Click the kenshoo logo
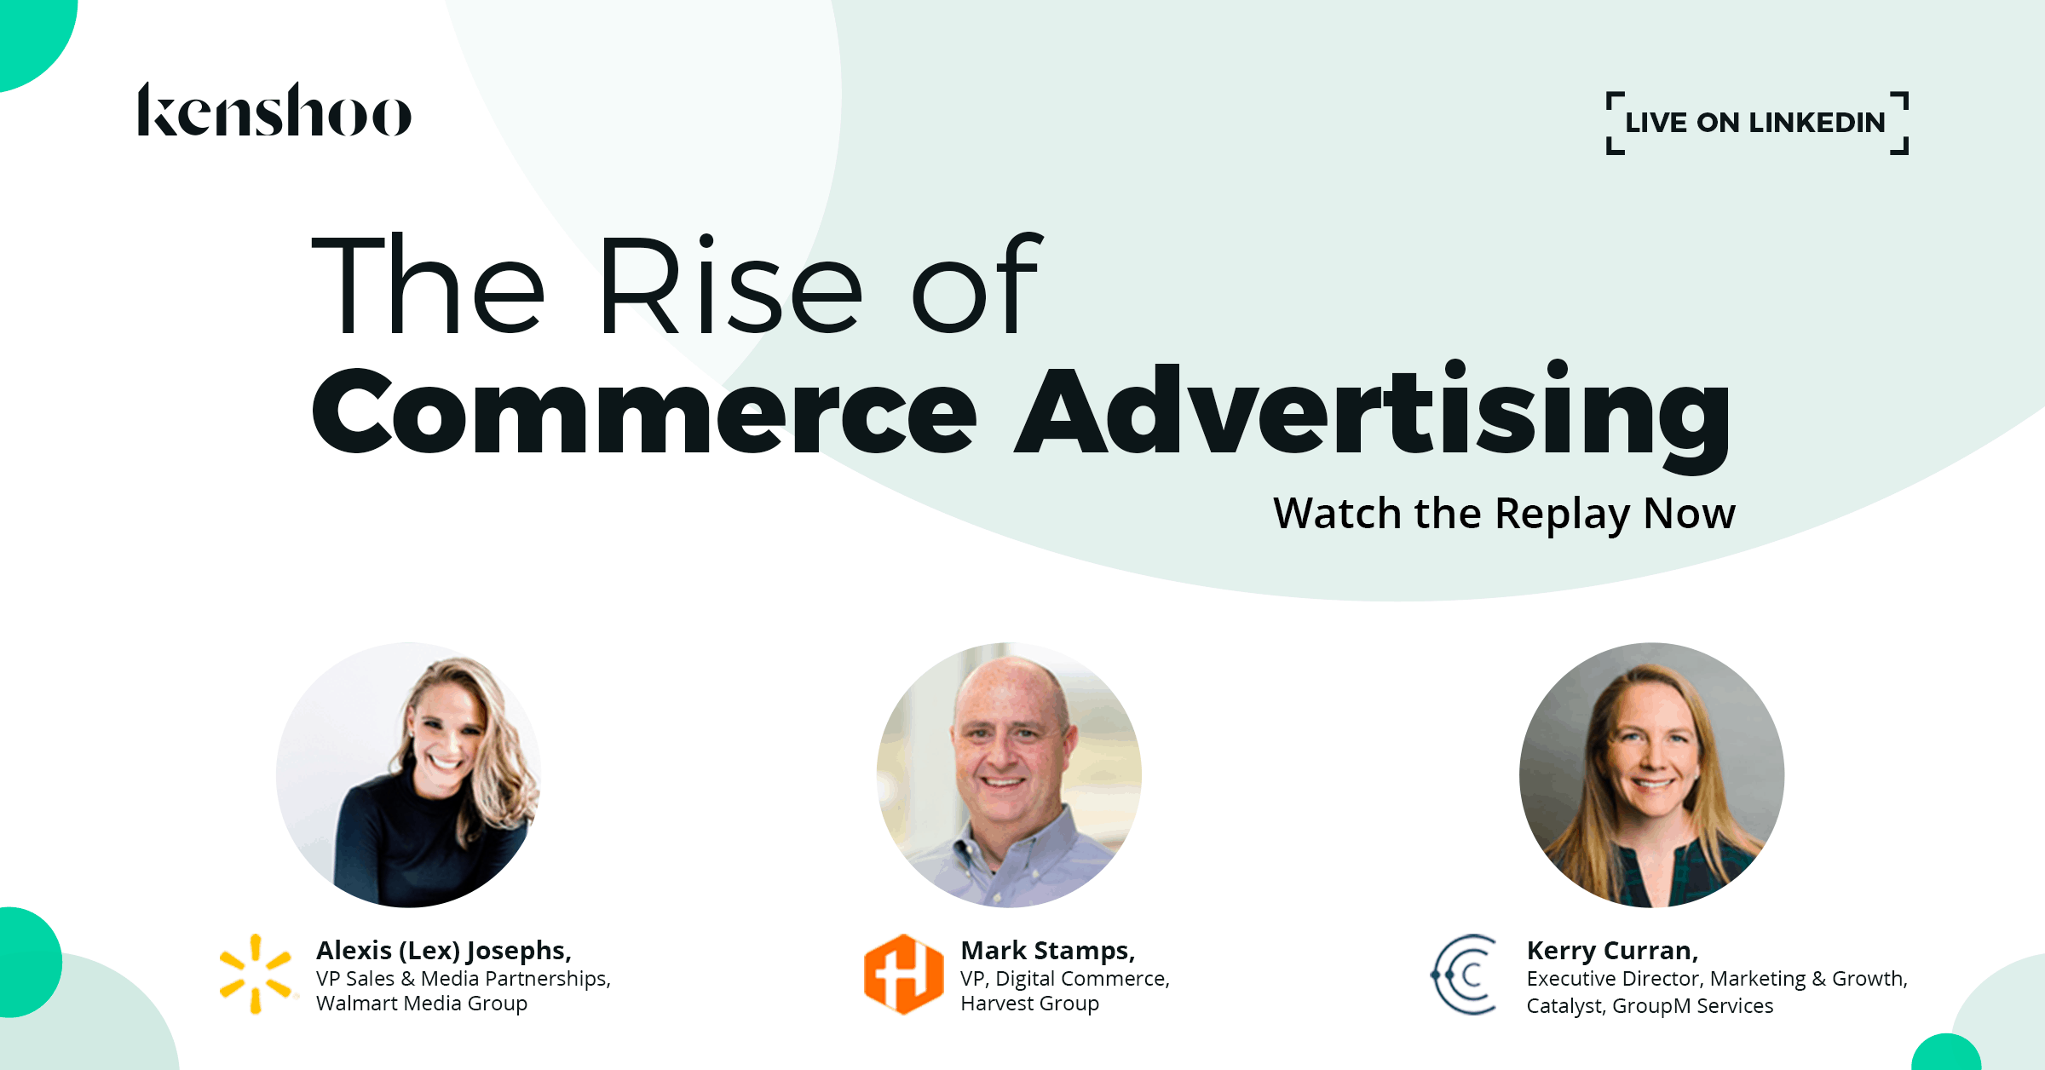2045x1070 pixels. pyautogui.click(x=274, y=110)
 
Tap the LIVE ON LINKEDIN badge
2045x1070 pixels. pyautogui.click(x=1755, y=123)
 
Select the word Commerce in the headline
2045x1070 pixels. pyautogui.click(x=644, y=411)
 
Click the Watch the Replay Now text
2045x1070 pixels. pyautogui.click(x=1504, y=514)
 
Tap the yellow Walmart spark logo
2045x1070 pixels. pyautogui.click(x=256, y=974)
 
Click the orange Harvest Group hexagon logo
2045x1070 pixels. pyautogui.click(x=903, y=974)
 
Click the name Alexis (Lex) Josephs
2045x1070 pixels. pyautogui.click(x=443, y=950)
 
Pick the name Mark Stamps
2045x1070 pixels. pyautogui.click(x=1047, y=950)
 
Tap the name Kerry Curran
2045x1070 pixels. pyautogui.click(x=1612, y=950)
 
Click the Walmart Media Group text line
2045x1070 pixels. pyautogui.click(x=422, y=1004)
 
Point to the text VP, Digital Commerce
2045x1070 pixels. pyautogui.click(x=1065, y=978)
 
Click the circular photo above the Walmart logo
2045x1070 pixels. pyautogui.click(x=408, y=774)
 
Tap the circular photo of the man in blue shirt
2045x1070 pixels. pyautogui.click(x=1009, y=774)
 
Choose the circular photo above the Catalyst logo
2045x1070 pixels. pyautogui.click(x=1651, y=774)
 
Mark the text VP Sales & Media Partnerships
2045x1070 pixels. pyautogui.click(x=464, y=978)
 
